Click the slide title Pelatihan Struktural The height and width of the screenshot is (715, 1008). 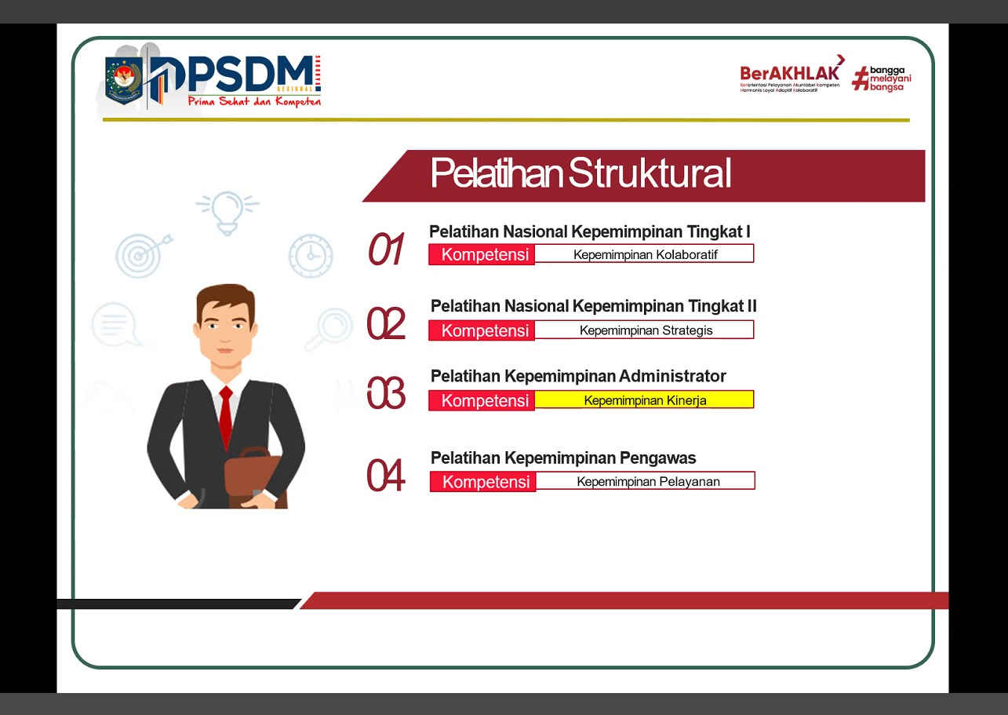click(x=580, y=173)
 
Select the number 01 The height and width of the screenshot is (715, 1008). click(x=386, y=250)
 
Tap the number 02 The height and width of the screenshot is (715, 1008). click(x=386, y=323)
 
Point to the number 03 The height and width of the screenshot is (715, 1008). click(x=386, y=393)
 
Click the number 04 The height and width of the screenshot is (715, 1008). click(x=386, y=476)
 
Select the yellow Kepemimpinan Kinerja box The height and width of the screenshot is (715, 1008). click(x=644, y=400)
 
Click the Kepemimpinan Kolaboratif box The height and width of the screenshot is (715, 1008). click(x=644, y=254)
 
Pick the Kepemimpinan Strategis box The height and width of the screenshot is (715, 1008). click(x=645, y=330)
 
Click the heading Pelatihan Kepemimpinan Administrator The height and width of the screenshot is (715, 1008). click(x=578, y=376)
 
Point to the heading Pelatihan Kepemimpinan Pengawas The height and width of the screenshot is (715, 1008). click(x=563, y=458)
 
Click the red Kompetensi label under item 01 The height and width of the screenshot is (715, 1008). click(x=482, y=254)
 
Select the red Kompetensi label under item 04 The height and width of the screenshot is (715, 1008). click(x=483, y=481)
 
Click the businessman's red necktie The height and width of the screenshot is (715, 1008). click(x=226, y=416)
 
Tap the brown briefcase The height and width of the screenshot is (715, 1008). click(x=256, y=475)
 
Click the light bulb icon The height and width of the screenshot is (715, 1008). click(x=227, y=211)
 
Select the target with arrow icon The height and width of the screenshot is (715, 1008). click(x=141, y=254)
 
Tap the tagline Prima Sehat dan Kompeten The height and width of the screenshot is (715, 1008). click(x=254, y=101)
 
